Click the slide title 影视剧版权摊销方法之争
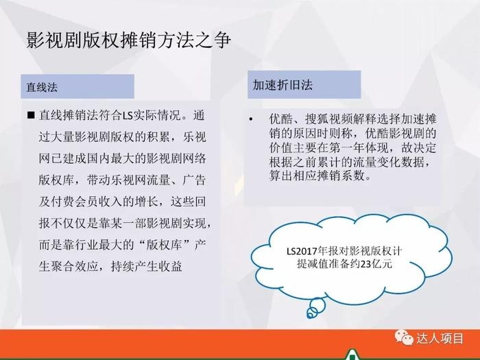pyautogui.click(x=128, y=40)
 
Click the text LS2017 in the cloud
pyautogui.click(x=302, y=252)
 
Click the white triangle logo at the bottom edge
pyautogui.click(x=352, y=355)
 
